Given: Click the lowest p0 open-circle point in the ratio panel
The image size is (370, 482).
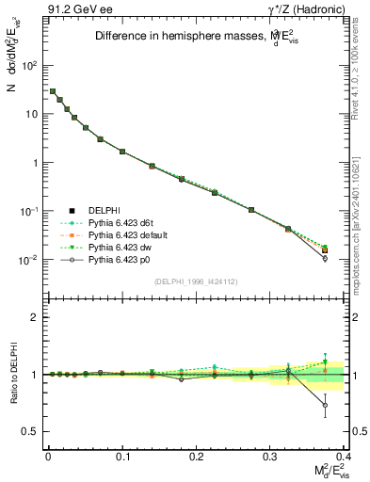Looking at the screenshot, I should pos(325,406).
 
